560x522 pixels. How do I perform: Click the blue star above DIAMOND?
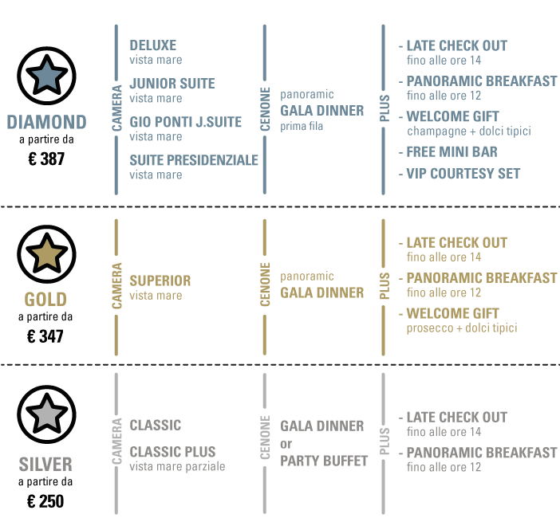pyautogui.click(x=47, y=77)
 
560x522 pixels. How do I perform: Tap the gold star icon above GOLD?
pyautogui.click(x=47, y=254)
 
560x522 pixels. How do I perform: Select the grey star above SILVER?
pyautogui.click(x=47, y=414)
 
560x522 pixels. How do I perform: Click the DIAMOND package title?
pyautogui.click(x=46, y=122)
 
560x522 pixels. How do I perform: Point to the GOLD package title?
pyautogui.click(x=45, y=300)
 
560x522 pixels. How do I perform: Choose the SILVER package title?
pyautogui.click(x=45, y=464)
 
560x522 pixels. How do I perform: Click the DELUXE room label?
pyautogui.click(x=152, y=45)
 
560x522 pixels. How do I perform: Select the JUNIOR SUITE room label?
pyautogui.click(x=172, y=84)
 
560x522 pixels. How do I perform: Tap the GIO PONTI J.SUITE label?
pyautogui.click(x=185, y=122)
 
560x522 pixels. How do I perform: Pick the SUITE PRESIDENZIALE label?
pyautogui.click(x=194, y=160)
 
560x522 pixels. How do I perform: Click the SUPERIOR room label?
pyautogui.click(x=160, y=281)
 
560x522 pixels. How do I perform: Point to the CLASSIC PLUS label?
pyautogui.click(x=172, y=452)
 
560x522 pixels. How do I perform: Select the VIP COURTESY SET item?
pyautogui.click(x=463, y=174)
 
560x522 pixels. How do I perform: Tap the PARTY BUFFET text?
pyautogui.click(x=324, y=461)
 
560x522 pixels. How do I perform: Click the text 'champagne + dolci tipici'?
pyautogui.click(x=468, y=131)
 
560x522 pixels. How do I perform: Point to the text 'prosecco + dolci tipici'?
pyautogui.click(x=462, y=328)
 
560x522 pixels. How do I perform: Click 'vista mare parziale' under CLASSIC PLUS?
pyautogui.click(x=177, y=466)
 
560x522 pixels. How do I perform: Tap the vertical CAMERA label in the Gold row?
pyautogui.click(x=116, y=286)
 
